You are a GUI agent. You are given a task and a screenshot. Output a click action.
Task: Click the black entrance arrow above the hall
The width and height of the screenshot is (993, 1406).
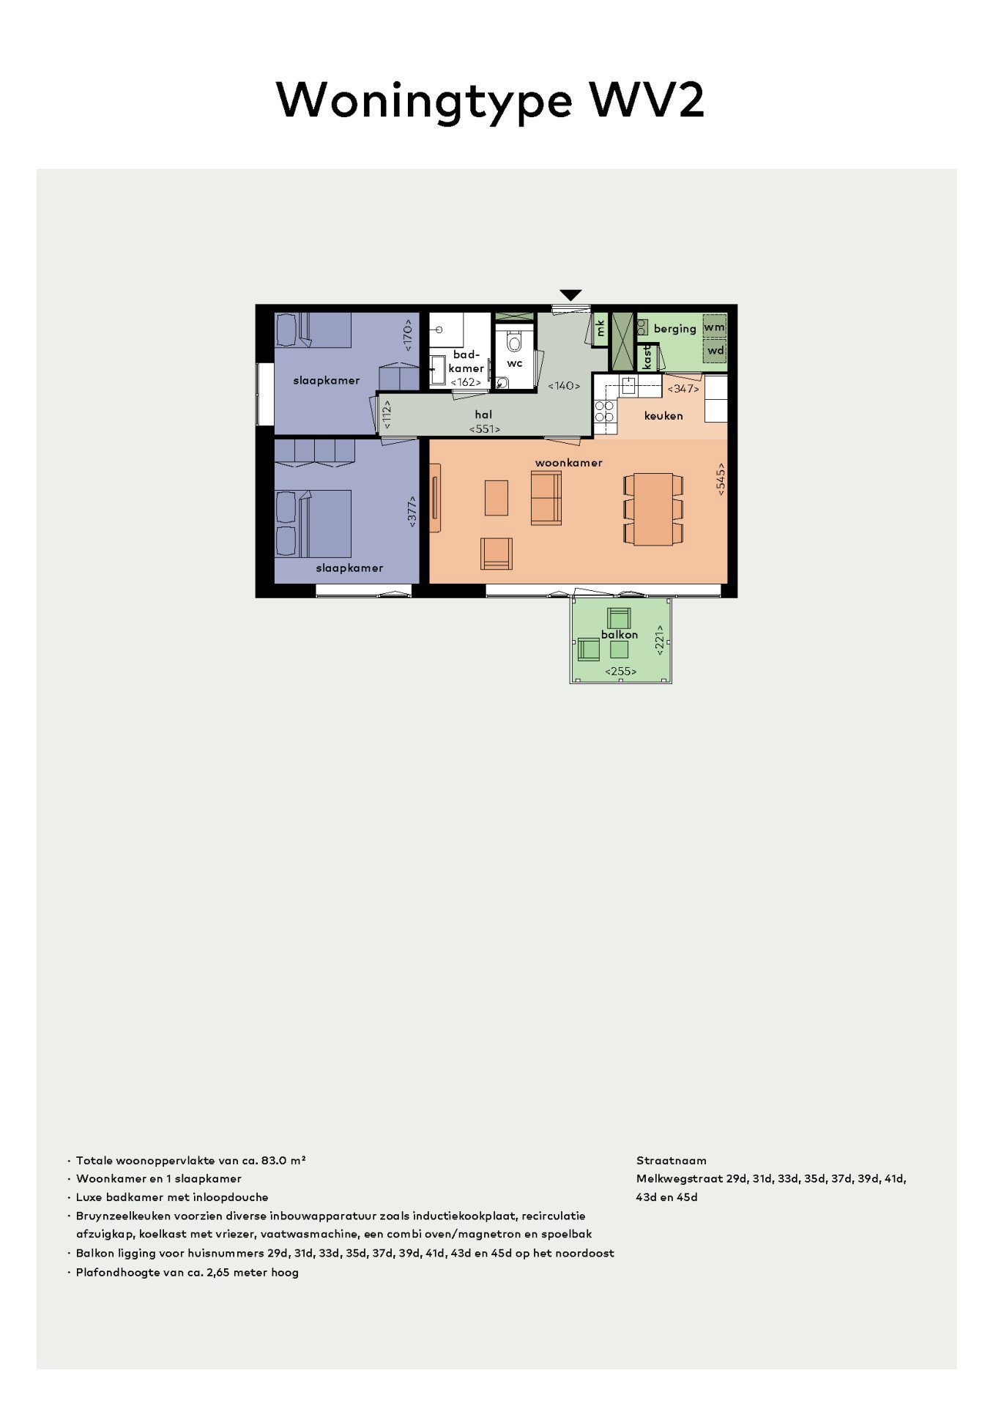tap(570, 295)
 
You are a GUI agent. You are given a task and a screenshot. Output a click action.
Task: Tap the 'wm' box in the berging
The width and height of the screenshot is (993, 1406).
tap(715, 327)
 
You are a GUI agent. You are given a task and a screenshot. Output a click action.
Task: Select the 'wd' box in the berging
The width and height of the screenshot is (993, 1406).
tap(715, 351)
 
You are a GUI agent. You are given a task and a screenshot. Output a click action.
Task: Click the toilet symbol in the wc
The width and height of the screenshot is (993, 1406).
tap(514, 342)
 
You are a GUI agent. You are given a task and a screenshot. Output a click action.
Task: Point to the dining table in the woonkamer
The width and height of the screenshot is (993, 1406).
tap(653, 509)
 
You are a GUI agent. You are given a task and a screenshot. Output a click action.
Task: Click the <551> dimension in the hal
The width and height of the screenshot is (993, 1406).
tap(485, 429)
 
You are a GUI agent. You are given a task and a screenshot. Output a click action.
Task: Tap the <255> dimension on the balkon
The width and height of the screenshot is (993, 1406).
tap(620, 672)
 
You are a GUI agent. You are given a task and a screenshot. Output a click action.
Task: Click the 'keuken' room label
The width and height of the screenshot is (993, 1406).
tap(663, 416)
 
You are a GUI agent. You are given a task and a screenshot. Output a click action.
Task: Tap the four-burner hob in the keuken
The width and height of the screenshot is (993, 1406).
tap(604, 412)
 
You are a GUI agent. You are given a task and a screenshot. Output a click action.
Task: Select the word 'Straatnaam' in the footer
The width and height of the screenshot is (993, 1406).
tap(671, 1161)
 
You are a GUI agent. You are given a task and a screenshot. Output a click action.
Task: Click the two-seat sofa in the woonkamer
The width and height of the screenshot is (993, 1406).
tap(546, 498)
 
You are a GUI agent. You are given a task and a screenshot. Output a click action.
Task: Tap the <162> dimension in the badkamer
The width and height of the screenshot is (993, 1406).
tap(466, 382)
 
